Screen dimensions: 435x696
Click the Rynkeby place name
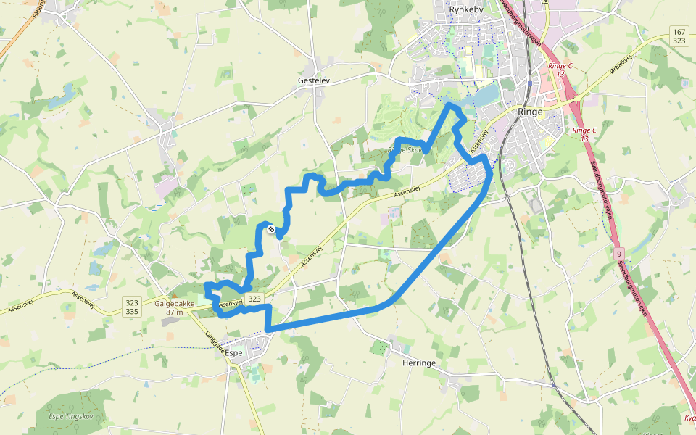pos(464,10)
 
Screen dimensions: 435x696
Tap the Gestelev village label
pos(314,80)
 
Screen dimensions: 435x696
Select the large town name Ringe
pos(531,112)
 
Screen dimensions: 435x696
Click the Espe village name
pos(233,352)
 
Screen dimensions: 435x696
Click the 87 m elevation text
pos(174,312)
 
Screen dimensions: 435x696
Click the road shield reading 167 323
pos(679,36)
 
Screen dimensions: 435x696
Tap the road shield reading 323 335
pos(131,305)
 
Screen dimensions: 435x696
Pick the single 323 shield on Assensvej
pos(254,299)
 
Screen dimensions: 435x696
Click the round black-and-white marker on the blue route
pos(271,229)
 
